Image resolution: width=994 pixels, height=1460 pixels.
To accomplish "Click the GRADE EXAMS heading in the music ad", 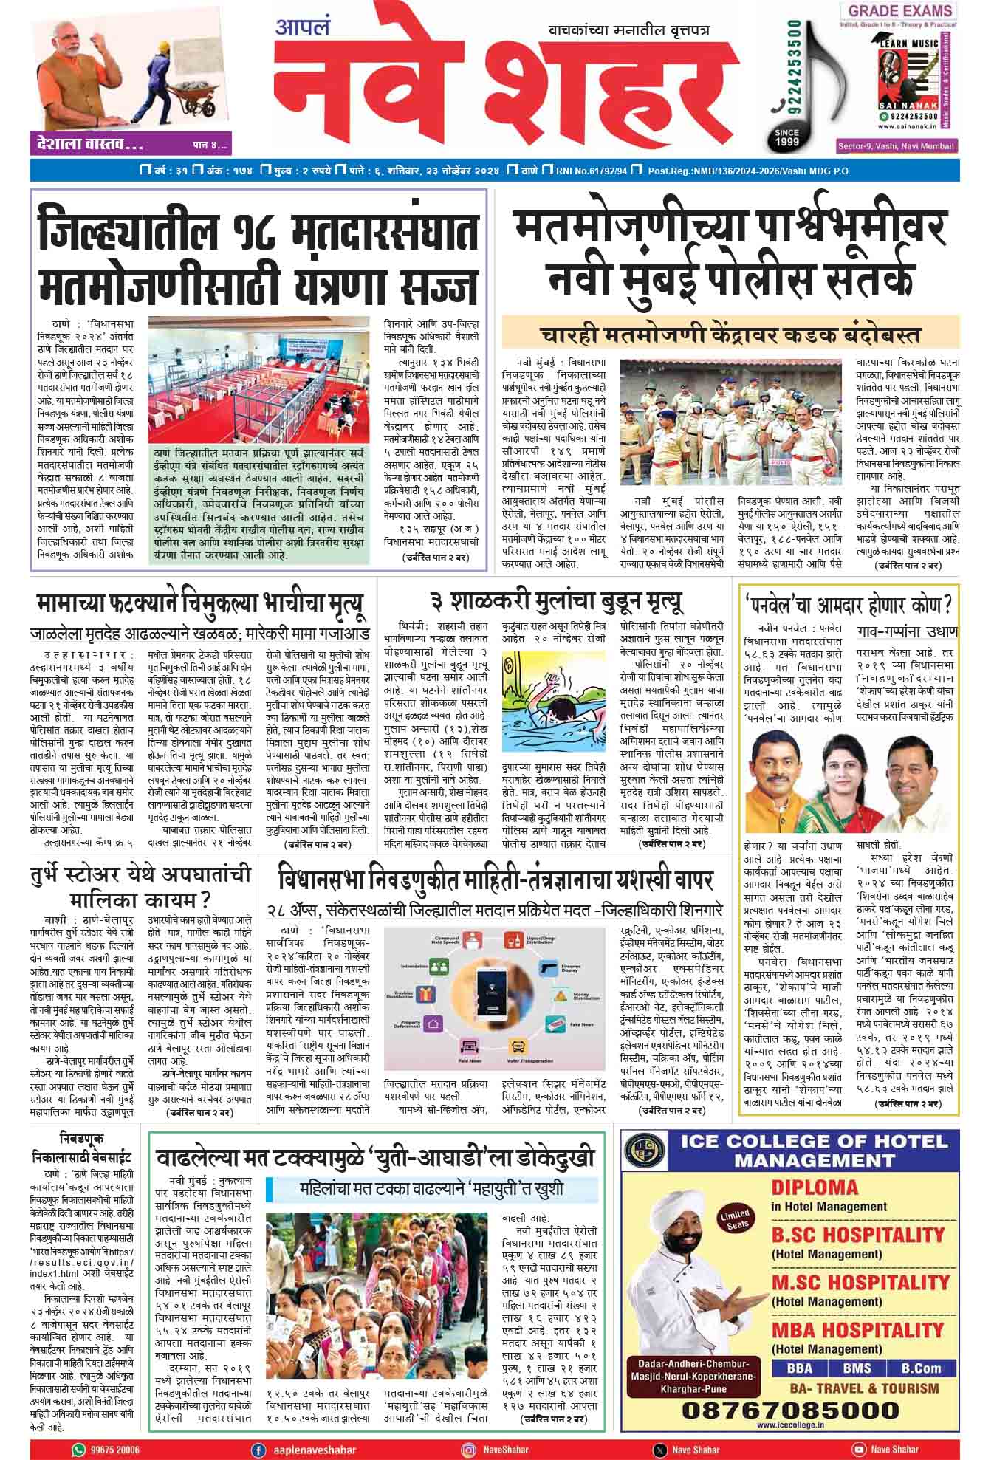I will pos(899,11).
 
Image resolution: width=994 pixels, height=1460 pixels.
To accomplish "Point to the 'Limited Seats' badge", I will pos(735,1219).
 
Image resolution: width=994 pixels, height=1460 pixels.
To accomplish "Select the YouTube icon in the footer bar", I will pos(858,1449).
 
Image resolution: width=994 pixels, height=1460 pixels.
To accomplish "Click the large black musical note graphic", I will pos(805,81).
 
